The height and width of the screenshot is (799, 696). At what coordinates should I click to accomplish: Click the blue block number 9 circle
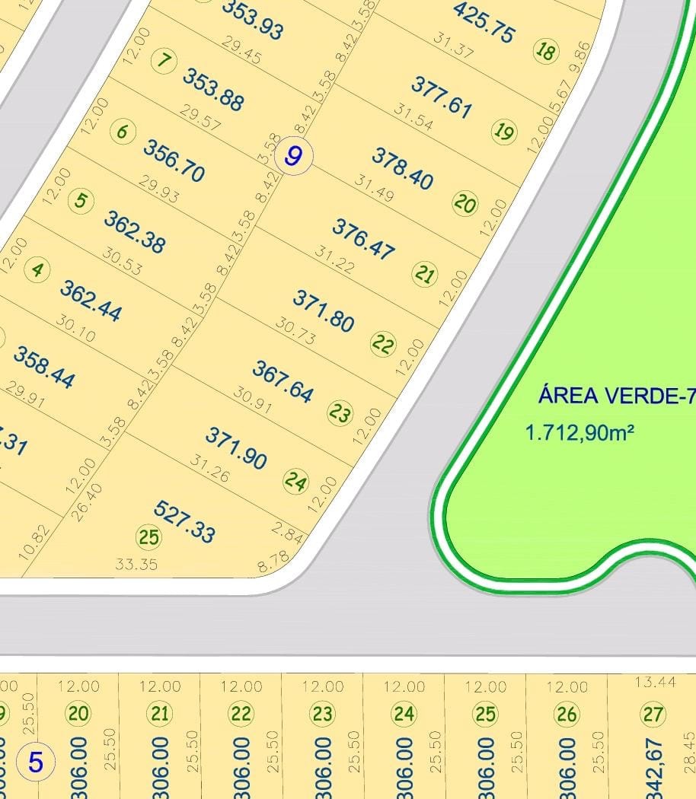(293, 157)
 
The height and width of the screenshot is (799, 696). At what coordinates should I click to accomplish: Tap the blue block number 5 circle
(36, 762)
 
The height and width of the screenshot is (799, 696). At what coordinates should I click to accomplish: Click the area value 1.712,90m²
(580, 433)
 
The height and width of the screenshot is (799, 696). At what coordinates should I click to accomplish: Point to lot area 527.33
(184, 521)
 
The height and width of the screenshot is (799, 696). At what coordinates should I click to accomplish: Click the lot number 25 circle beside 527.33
(148, 537)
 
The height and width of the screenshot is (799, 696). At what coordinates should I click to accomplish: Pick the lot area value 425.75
(484, 22)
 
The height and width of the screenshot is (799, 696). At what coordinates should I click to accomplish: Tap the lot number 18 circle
(546, 52)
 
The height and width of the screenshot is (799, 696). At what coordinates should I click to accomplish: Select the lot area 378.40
(402, 168)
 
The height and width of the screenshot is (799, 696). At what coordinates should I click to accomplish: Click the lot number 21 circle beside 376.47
(424, 273)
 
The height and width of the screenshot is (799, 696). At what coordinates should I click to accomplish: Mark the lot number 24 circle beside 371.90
(295, 481)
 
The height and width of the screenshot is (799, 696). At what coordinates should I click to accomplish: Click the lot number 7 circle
(163, 61)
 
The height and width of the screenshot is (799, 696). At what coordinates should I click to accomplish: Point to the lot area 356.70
(174, 161)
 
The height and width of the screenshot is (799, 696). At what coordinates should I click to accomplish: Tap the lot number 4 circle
(37, 269)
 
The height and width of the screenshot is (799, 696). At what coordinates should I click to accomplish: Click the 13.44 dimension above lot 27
(655, 682)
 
